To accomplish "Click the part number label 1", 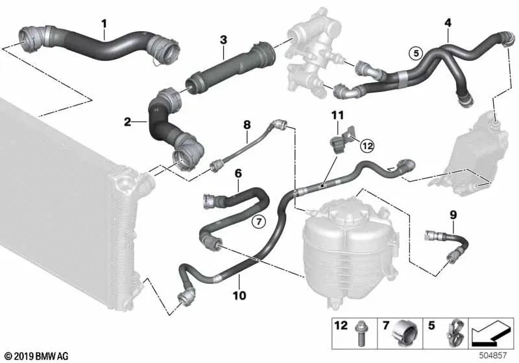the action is click(104, 24).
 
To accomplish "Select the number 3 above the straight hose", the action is click(223, 40).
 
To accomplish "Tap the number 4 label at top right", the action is click(448, 23).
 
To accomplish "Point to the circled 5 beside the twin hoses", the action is click(416, 53).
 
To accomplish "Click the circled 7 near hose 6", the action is click(258, 222).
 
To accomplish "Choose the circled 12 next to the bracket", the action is click(367, 145).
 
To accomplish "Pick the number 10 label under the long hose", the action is click(239, 295).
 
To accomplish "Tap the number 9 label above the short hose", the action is click(453, 215).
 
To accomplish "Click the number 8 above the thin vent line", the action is click(247, 125).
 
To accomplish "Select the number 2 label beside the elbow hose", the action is click(127, 122).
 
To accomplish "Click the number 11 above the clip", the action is click(337, 115).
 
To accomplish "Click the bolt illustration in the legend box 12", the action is click(359, 334).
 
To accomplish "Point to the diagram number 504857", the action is click(493, 355).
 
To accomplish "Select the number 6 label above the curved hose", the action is click(238, 173).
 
